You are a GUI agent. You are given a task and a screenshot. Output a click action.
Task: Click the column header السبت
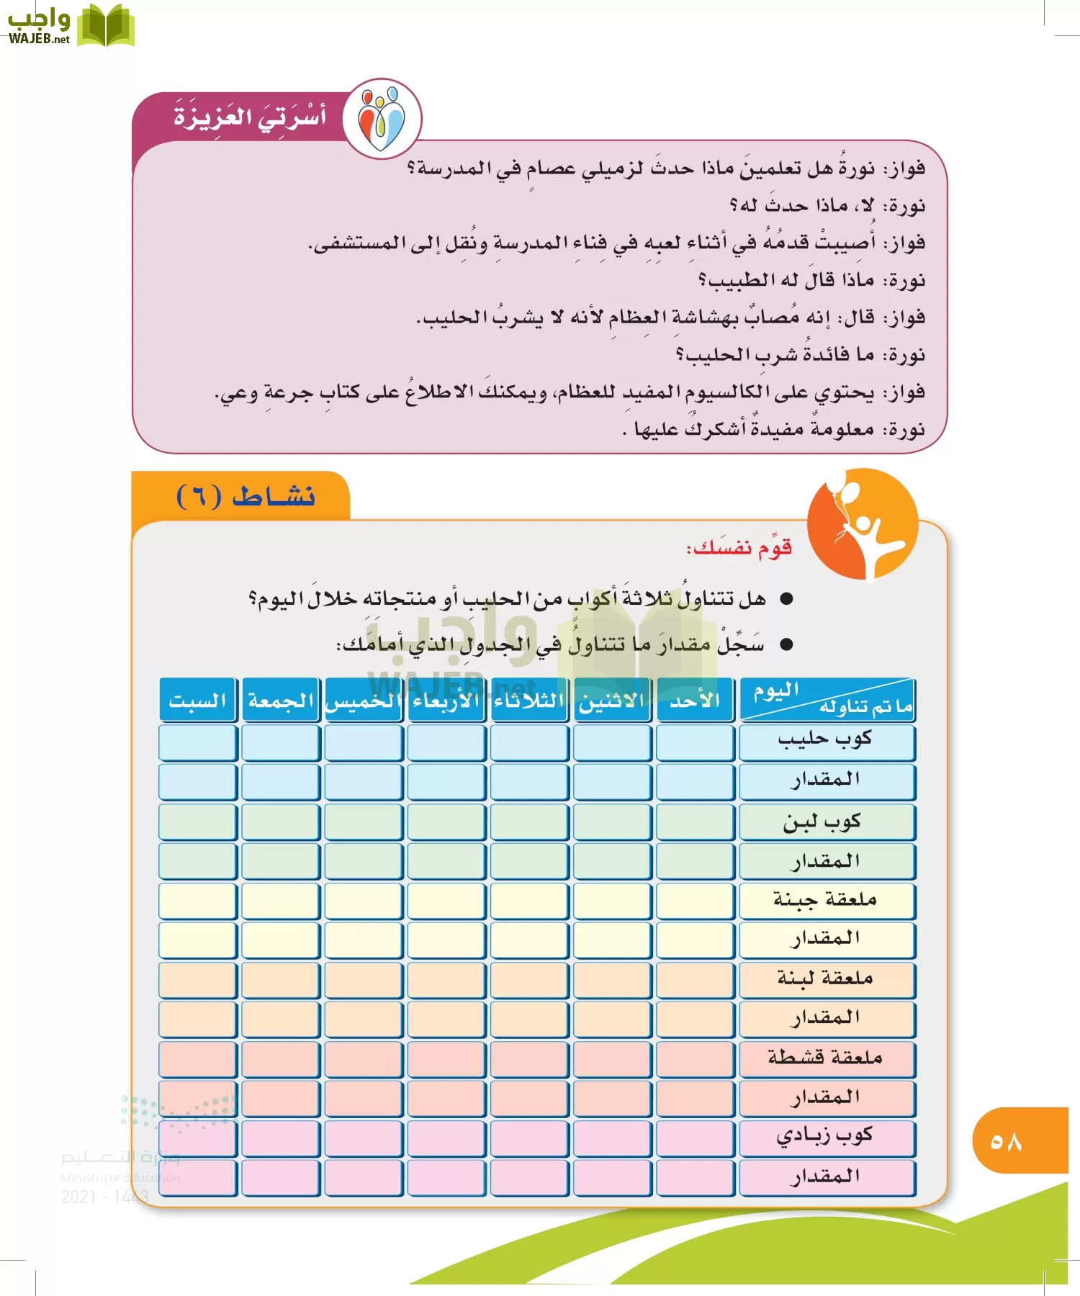click(x=198, y=700)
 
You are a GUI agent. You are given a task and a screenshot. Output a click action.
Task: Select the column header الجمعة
click(x=281, y=700)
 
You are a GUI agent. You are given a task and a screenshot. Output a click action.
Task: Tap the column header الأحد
click(x=695, y=700)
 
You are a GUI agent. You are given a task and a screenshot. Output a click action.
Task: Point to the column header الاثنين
click(x=612, y=700)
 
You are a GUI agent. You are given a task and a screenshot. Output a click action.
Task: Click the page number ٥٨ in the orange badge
click(x=1006, y=1142)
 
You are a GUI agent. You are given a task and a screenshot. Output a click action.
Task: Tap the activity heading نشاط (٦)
click(x=246, y=496)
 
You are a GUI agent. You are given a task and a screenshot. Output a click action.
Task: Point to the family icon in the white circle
click(x=382, y=117)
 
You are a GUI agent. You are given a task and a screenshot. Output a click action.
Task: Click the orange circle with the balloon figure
click(x=862, y=524)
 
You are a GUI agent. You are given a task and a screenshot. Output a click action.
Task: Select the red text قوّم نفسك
click(x=739, y=548)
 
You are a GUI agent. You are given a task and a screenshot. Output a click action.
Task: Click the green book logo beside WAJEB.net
click(x=105, y=26)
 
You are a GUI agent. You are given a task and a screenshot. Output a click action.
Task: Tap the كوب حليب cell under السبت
click(x=198, y=742)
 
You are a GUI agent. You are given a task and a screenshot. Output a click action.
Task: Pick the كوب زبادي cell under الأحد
click(x=695, y=1138)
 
